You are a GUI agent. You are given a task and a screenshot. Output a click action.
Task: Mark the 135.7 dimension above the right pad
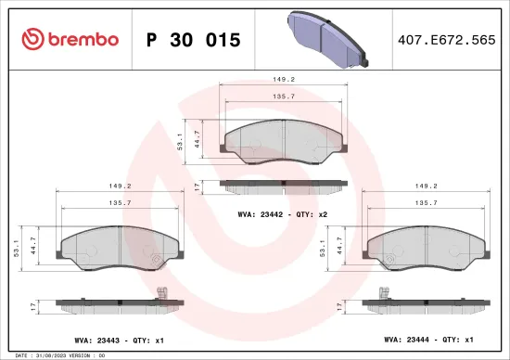coord(427,201)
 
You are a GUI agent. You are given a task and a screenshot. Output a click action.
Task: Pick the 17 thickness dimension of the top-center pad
coord(198,186)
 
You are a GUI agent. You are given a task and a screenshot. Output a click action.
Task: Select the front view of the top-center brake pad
coord(282,140)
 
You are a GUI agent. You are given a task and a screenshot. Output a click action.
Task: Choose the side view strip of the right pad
coord(427,303)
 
